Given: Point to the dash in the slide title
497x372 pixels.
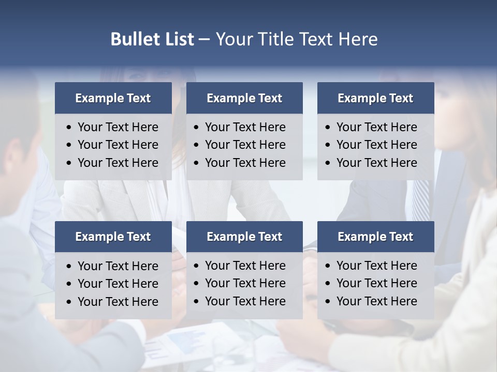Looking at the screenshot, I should (x=204, y=39).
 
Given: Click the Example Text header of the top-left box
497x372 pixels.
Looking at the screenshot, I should (x=113, y=98).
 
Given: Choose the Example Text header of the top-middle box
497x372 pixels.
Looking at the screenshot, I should (x=244, y=98).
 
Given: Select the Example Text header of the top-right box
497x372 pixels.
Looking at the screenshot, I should (x=375, y=98).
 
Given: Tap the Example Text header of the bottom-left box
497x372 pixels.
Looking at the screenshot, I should (x=113, y=237).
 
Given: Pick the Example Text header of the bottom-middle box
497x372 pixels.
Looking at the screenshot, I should (x=244, y=237).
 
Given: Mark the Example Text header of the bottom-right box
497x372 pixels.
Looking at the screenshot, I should (x=375, y=237).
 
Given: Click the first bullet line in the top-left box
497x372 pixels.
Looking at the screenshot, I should (x=118, y=127).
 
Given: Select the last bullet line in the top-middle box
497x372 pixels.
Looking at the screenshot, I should (x=245, y=163).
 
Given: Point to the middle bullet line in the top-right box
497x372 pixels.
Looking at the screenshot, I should (x=376, y=145).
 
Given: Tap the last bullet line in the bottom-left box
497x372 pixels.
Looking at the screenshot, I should (x=118, y=302).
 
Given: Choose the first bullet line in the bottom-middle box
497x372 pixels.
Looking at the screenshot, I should (x=245, y=266).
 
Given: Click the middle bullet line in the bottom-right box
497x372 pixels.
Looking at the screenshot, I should (x=376, y=283).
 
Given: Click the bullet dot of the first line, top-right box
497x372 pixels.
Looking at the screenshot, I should (x=328, y=128).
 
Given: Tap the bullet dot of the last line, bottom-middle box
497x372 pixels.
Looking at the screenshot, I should (x=196, y=302).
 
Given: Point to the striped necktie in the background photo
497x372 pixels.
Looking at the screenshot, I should (x=421, y=199).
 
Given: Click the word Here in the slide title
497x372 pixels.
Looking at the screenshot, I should (x=357, y=39).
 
